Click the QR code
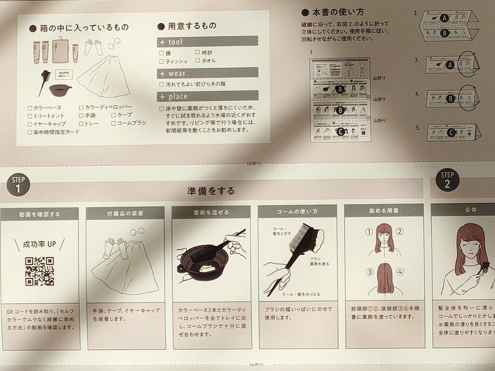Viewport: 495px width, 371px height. [40, 271]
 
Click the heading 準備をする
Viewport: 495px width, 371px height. [211, 191]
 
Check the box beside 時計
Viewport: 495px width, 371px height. [198, 52]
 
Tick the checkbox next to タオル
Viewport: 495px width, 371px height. [198, 61]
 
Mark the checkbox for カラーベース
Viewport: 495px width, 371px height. [30, 108]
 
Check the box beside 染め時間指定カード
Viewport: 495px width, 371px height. [30, 132]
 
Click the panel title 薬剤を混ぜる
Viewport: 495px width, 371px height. [211, 213]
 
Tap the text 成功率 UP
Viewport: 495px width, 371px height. [40, 244]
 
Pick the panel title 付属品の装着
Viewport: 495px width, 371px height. [125, 213]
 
